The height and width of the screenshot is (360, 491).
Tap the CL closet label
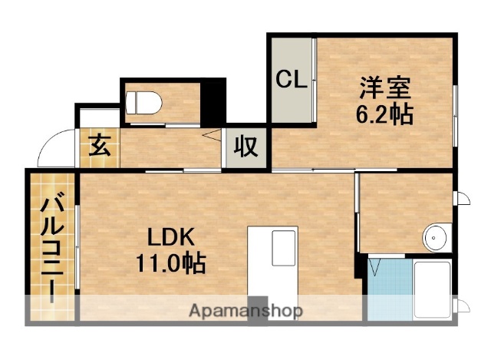(292, 79)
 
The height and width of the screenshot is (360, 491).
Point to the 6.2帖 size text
(384, 114)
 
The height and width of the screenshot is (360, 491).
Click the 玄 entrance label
(97, 144)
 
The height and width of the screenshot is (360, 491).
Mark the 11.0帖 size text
(170, 264)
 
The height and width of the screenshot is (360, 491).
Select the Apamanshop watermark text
(245, 311)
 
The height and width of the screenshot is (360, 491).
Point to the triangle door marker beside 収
(209, 136)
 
